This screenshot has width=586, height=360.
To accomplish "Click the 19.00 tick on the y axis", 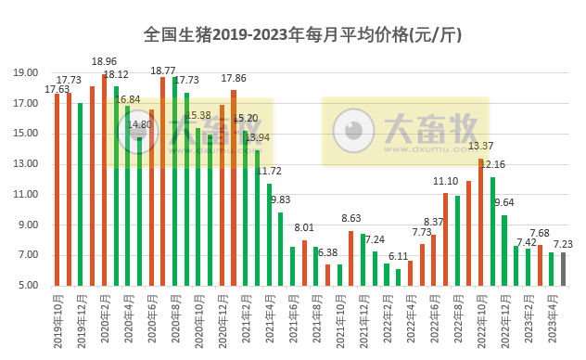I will tap(26, 73).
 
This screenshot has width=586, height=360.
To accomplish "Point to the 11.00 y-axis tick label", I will tap(26, 195).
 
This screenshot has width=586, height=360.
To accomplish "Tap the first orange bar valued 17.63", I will tap(57, 189).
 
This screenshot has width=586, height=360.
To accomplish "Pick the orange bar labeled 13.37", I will tap(480, 222).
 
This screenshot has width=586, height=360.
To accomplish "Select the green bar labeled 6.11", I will tap(398, 276).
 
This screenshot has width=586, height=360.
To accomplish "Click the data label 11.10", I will tap(446, 182).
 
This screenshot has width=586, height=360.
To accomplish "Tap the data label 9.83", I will tap(280, 200).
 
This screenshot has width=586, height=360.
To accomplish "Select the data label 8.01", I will tap(304, 228).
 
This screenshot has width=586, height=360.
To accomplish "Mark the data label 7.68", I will tap(540, 233).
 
